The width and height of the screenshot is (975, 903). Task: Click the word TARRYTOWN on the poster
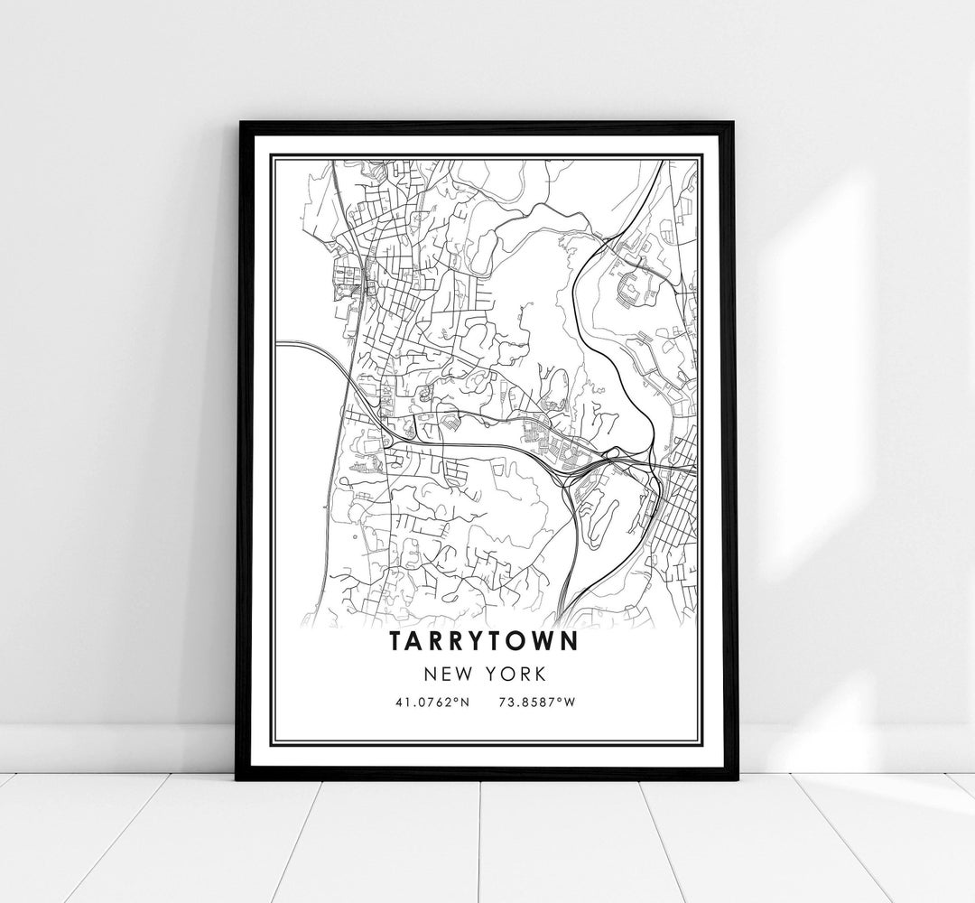pyautogui.click(x=487, y=641)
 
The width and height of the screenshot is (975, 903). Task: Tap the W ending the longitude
pyautogui.click(x=570, y=701)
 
